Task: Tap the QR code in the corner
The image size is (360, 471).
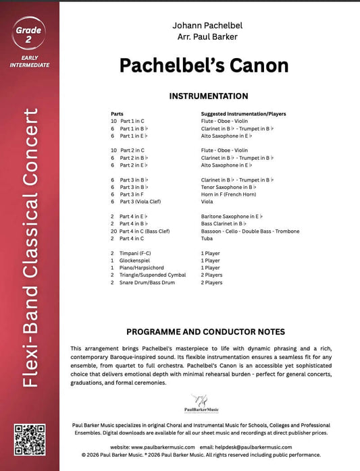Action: tap(29, 439)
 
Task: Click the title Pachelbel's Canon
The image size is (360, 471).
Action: tap(204, 65)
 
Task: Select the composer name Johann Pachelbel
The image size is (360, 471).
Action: tap(204, 24)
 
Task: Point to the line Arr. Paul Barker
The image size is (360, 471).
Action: tap(204, 36)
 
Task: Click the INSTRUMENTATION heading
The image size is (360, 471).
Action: tap(204, 96)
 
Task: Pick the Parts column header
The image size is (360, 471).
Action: tap(118, 114)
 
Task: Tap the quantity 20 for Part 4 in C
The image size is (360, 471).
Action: tap(114, 231)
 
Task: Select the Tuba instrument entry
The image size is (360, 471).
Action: tap(207, 238)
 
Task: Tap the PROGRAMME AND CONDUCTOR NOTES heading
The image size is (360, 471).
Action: tap(205, 331)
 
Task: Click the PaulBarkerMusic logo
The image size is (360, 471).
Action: tap(203, 402)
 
